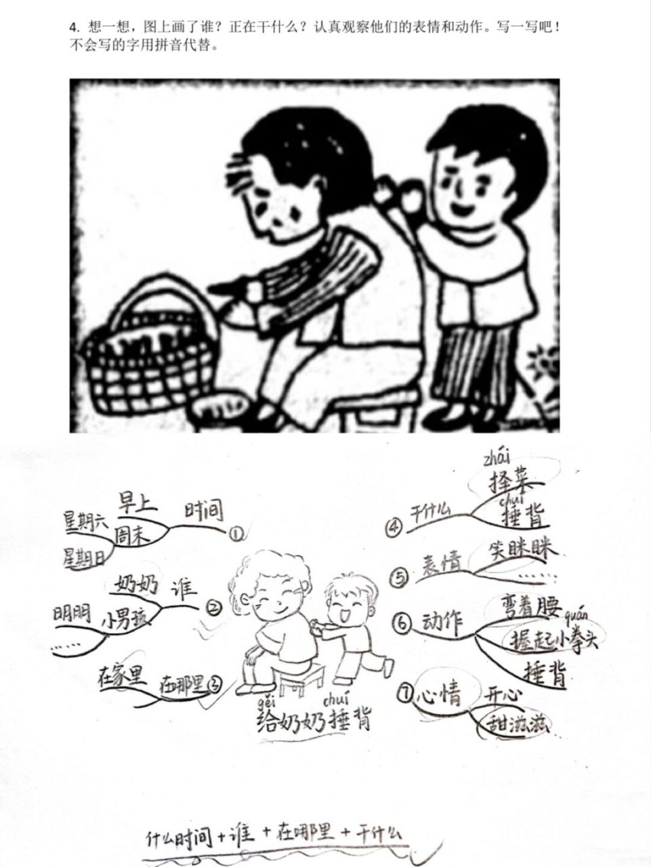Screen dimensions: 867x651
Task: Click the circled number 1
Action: [x=236, y=534]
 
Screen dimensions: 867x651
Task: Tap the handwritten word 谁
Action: [x=184, y=585]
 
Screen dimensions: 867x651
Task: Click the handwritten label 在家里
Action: [x=123, y=675]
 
